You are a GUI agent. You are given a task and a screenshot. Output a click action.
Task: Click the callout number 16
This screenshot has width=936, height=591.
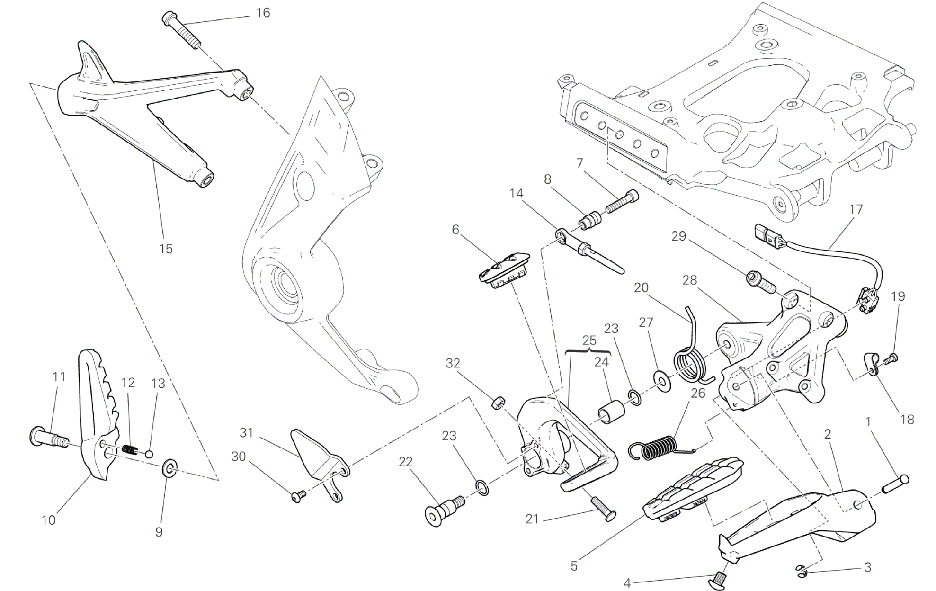(263, 13)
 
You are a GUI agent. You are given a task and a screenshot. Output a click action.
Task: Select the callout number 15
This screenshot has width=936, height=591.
(166, 249)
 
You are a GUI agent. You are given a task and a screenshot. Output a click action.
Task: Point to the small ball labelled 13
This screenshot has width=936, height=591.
(149, 455)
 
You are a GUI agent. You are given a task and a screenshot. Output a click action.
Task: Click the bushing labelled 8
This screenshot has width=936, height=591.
(590, 221)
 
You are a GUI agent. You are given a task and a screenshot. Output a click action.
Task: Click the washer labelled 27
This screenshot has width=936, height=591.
(661, 382)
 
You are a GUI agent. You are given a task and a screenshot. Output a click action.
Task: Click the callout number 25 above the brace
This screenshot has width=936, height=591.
(589, 340)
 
